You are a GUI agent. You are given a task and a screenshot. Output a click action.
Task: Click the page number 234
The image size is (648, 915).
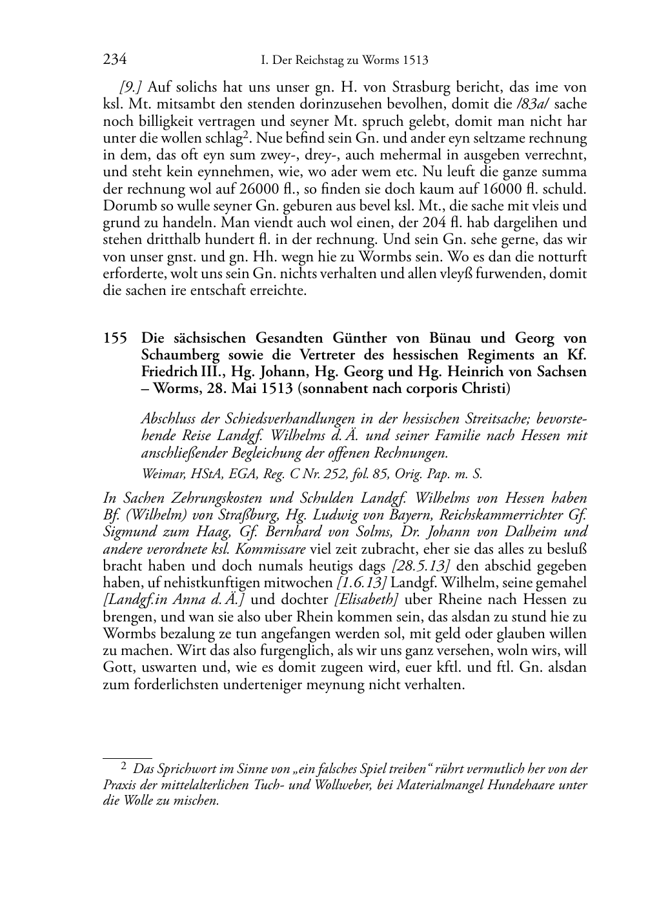click(114, 60)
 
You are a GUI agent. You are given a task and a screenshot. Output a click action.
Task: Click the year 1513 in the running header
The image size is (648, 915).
click(415, 61)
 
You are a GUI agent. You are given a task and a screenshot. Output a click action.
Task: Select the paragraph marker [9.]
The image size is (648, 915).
click(131, 88)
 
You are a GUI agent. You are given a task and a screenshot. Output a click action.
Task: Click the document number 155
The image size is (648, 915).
click(117, 338)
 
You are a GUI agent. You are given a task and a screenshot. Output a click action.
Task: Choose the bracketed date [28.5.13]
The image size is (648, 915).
click(421, 567)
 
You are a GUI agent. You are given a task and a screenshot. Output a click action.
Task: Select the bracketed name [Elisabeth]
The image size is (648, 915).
click(365, 600)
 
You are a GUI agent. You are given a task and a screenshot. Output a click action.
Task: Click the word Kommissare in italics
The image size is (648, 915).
click(270, 550)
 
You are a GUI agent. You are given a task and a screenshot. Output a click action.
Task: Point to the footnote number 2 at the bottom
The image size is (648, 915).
click(123, 767)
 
